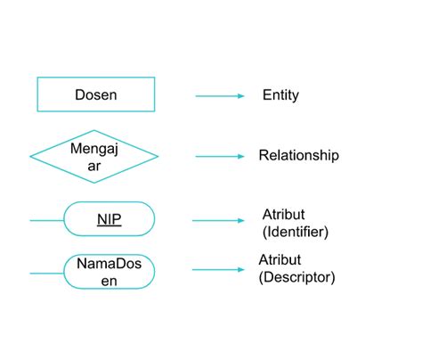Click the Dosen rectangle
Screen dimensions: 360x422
click(96, 94)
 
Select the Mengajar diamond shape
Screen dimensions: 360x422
click(94, 157)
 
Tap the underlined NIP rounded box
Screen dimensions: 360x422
click(110, 218)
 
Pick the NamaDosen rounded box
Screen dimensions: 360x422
click(110, 272)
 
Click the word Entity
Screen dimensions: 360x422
click(281, 94)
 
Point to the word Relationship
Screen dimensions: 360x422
click(298, 156)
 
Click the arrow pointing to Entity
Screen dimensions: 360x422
click(219, 95)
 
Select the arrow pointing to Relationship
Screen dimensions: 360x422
click(219, 157)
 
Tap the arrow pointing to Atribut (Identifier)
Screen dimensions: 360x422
click(219, 219)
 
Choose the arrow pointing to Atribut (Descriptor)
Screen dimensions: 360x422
click(219, 269)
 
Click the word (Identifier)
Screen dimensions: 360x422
click(296, 232)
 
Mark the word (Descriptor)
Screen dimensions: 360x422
click(296, 277)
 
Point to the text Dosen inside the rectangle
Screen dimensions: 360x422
click(96, 94)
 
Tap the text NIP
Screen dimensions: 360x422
click(110, 218)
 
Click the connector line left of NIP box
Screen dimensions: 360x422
click(46, 218)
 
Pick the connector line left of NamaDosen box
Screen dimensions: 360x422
click(46, 273)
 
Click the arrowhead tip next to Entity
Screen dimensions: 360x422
click(242, 95)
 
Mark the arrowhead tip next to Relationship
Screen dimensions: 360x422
click(242, 157)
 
